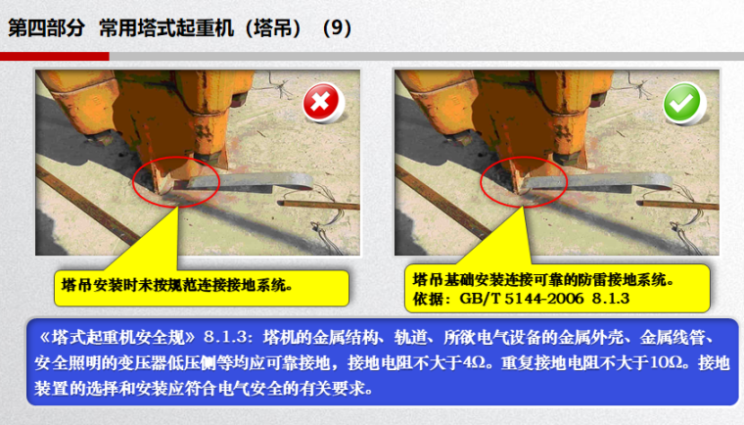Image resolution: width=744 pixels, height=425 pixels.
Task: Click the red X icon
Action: click(x=321, y=102)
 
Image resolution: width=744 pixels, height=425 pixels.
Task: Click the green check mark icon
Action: click(x=682, y=102)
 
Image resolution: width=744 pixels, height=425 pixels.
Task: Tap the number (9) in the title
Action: click(x=337, y=28)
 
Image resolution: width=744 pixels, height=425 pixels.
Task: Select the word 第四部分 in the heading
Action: click(x=46, y=28)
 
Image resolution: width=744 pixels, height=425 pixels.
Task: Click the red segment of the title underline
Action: click(x=55, y=57)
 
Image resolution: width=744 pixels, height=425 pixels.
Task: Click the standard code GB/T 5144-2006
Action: click(x=521, y=299)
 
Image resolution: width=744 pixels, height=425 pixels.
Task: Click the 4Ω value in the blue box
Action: click(x=473, y=362)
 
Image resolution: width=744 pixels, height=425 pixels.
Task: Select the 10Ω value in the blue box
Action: click(x=667, y=362)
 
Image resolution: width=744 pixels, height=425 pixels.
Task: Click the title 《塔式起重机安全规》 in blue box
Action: click(x=117, y=338)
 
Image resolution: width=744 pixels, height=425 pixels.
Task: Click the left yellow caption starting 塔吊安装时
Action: click(x=177, y=285)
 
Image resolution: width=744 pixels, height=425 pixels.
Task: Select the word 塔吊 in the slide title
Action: click(x=272, y=28)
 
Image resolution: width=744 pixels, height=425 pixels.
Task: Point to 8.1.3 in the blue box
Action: click(x=225, y=338)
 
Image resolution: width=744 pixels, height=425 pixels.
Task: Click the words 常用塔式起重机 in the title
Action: click(x=166, y=28)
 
